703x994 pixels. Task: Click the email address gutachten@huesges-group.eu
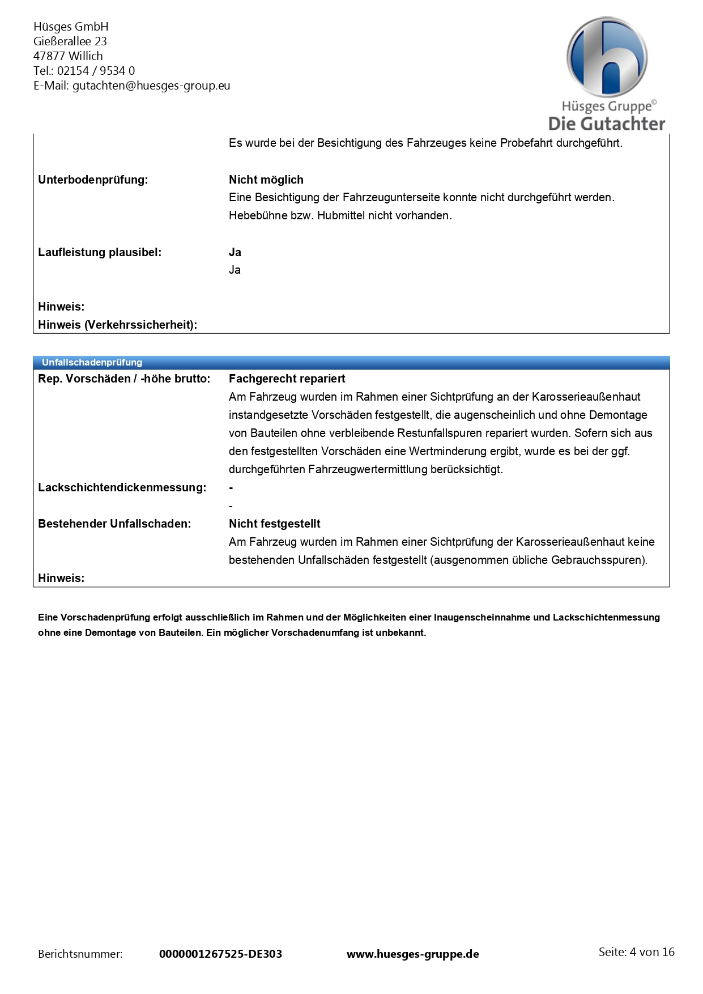[x=151, y=86]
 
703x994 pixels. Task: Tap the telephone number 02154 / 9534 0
[x=96, y=71]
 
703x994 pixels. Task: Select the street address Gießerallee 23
[x=70, y=41]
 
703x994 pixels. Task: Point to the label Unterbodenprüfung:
[x=93, y=180]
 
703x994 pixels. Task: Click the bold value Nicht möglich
[x=266, y=180]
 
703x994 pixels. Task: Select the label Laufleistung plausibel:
[x=100, y=252]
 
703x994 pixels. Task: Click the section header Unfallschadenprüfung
[x=92, y=362]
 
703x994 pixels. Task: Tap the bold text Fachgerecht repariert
[x=287, y=379]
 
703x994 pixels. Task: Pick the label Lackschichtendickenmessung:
[x=122, y=487]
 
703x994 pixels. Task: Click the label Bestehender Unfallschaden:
[x=114, y=524]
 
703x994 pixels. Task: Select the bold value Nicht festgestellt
[x=275, y=524]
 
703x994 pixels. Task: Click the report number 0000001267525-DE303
[x=220, y=954]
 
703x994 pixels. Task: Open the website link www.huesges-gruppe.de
[x=413, y=954]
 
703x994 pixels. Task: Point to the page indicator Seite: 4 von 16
[x=636, y=952]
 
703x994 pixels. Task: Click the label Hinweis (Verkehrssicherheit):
[x=117, y=325]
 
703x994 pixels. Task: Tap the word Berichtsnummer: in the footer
[x=80, y=954]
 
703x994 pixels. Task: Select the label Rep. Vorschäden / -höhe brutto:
[x=124, y=379]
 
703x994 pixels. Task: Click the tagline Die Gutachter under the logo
[x=607, y=124]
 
